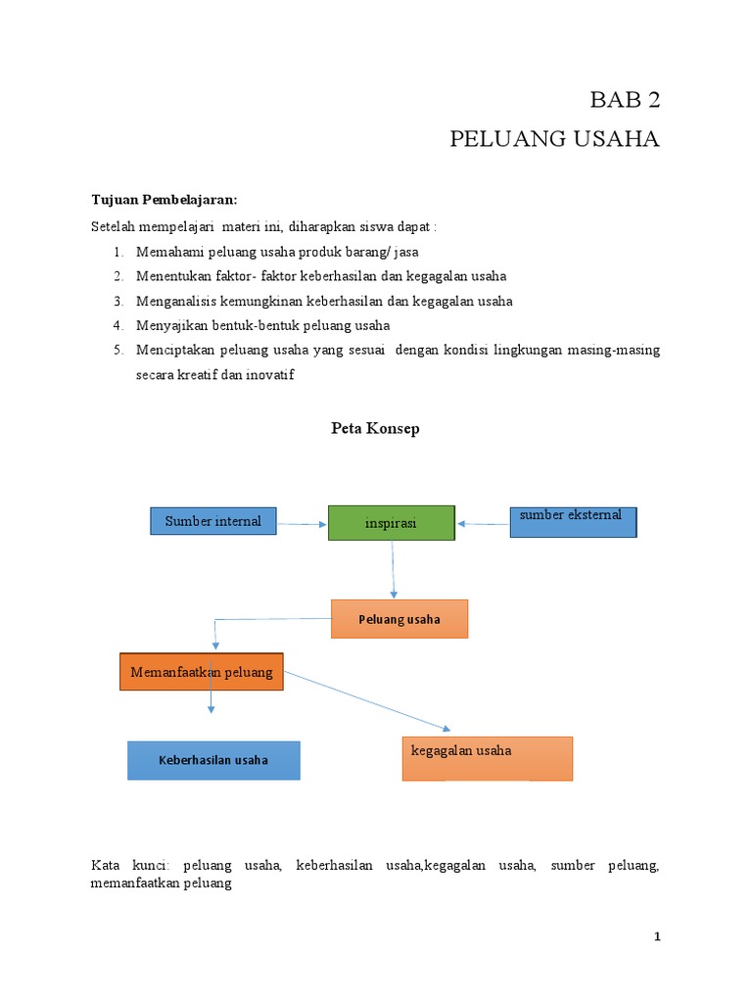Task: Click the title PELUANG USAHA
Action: (x=554, y=139)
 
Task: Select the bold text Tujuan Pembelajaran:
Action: (x=164, y=199)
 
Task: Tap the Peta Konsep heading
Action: (x=375, y=429)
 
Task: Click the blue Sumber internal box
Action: (x=213, y=521)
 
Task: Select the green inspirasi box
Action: (x=391, y=523)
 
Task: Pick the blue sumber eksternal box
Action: (x=573, y=522)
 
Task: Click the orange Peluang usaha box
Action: (x=399, y=619)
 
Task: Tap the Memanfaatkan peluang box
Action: (x=202, y=673)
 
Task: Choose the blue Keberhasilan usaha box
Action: (x=213, y=760)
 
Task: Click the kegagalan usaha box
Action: (x=487, y=758)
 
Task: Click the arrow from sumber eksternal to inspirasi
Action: (x=483, y=524)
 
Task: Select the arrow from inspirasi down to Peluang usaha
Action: (x=393, y=569)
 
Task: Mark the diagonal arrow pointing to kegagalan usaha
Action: (x=368, y=701)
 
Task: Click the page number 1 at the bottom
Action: (x=657, y=937)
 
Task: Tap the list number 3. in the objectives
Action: (x=117, y=301)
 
